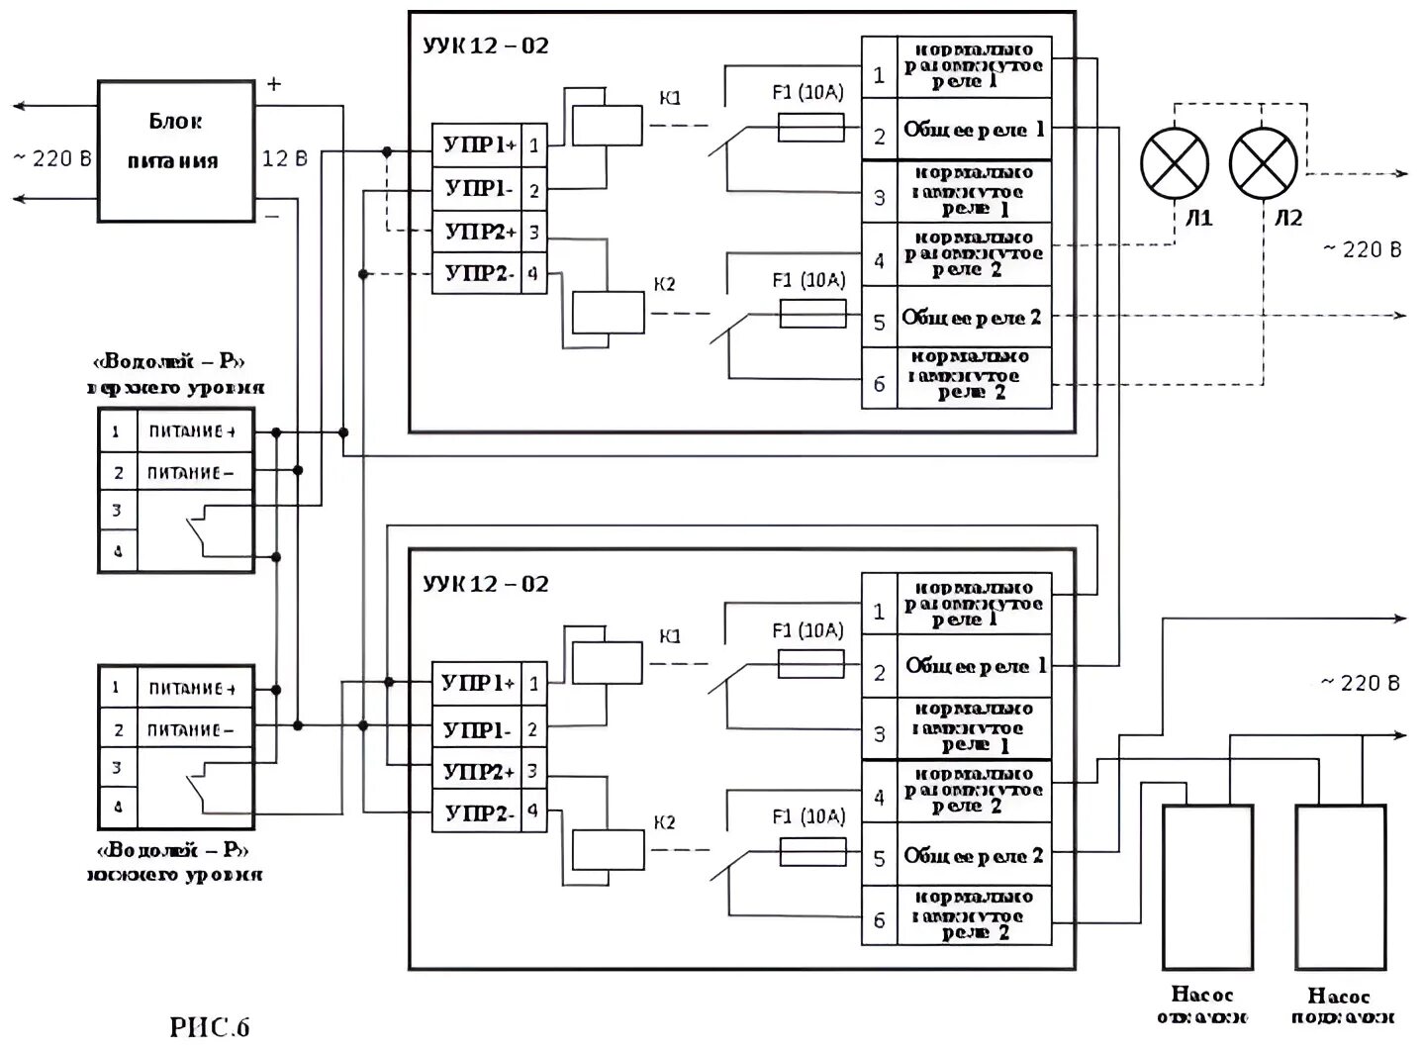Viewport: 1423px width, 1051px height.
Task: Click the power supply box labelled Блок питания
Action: coord(175,150)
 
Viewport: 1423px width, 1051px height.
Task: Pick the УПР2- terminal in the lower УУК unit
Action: coord(478,812)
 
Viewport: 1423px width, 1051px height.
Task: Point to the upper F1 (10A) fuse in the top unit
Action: coord(811,128)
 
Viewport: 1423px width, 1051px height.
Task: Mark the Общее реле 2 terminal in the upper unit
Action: coord(972,319)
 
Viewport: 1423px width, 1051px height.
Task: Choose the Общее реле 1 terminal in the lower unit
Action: coord(975,667)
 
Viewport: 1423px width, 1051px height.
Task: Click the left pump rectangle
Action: coord(1207,886)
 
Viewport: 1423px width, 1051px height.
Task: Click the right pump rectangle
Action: coord(1340,886)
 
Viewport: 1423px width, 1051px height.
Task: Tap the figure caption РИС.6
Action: coord(210,1027)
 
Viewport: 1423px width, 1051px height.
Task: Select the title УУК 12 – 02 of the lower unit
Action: coord(485,584)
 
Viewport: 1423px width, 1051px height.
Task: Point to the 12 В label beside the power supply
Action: coord(284,158)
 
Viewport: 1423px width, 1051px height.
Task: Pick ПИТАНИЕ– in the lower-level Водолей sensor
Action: coord(191,730)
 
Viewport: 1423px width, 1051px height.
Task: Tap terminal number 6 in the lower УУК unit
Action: coord(879,920)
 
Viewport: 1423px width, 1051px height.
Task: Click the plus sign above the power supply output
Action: coord(274,85)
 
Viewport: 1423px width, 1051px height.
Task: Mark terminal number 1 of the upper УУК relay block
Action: coord(879,75)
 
